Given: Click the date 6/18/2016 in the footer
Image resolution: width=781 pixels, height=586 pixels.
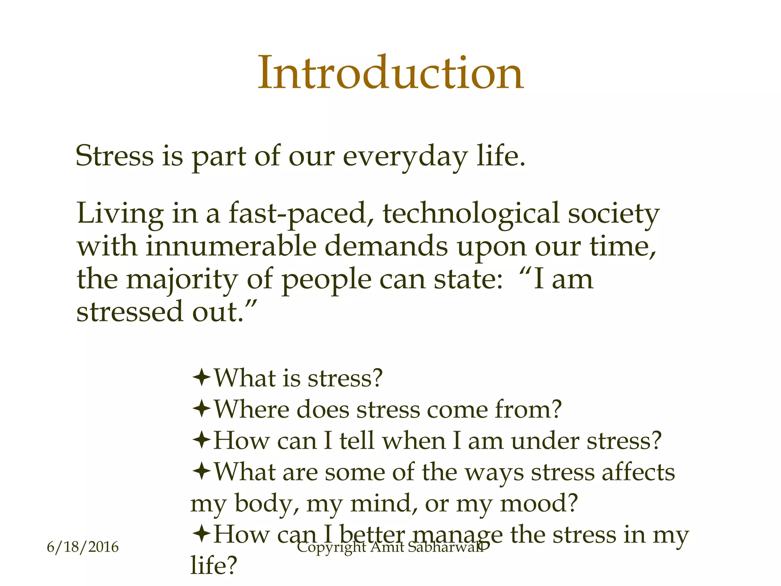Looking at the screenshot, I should (x=82, y=547).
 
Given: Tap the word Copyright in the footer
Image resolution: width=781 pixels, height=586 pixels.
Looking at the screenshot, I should (x=331, y=548).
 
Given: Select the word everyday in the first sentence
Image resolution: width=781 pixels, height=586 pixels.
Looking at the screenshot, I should (x=405, y=156).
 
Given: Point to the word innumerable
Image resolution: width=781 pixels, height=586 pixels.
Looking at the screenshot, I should (x=231, y=246).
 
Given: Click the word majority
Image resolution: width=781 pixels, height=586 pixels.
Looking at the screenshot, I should (x=182, y=280).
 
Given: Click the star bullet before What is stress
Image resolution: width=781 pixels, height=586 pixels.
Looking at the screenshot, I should (x=201, y=378).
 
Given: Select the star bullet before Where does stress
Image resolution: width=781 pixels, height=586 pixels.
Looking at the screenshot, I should (x=201, y=409).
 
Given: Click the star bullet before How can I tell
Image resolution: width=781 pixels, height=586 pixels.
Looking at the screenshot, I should (x=201, y=440).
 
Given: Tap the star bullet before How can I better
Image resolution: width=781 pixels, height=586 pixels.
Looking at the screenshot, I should (x=201, y=534).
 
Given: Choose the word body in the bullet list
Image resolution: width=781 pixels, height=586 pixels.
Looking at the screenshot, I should (x=266, y=504).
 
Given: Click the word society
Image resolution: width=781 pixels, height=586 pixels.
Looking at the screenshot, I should (x=614, y=214).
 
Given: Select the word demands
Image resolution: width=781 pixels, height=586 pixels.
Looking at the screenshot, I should (x=386, y=246).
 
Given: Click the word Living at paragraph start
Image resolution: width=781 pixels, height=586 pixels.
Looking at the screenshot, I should (x=120, y=214).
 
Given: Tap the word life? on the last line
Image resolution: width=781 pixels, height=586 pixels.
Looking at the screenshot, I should (x=214, y=565).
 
